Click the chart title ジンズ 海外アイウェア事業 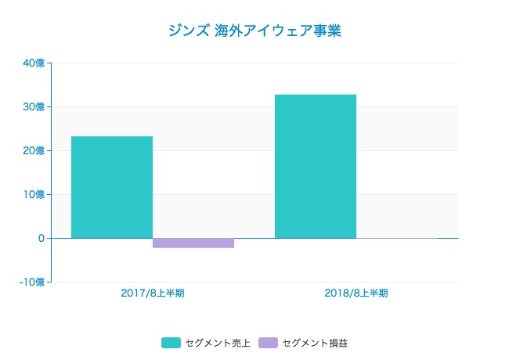pos(254,31)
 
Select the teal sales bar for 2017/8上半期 pos(112,187)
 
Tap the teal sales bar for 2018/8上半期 pos(316,166)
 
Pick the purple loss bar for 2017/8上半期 pos(193,243)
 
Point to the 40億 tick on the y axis pos(34,63)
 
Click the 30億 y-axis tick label pos(34,107)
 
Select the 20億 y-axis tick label pos(34,151)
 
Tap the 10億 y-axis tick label pos(34,195)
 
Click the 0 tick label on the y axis pos(40,238)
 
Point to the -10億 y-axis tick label pos(31,282)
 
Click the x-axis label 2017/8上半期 pos(153,293)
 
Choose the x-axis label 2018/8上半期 pos(356,293)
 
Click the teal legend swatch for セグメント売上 pos(171,343)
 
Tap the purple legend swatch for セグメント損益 pos(268,343)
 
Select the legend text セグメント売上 pos(218,343)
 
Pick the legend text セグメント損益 pos(315,343)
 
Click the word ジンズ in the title pos(189,31)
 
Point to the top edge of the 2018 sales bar pos(316,95)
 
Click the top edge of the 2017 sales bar pos(112,137)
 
